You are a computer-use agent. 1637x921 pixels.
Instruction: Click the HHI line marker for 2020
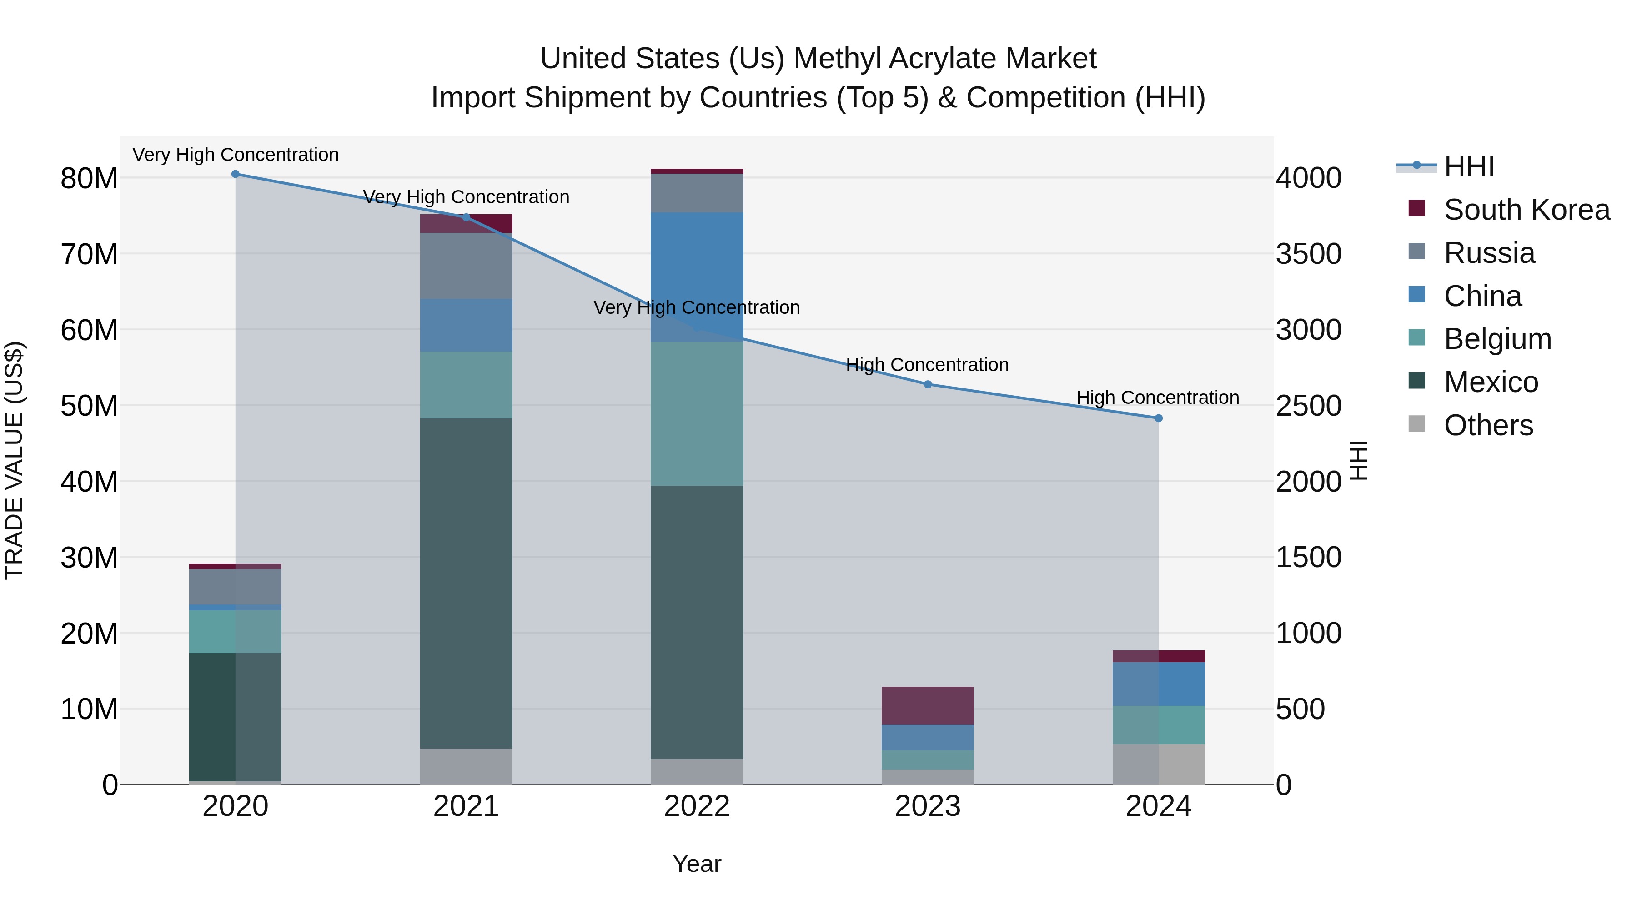click(x=235, y=174)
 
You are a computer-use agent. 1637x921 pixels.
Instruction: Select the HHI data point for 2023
click(x=927, y=384)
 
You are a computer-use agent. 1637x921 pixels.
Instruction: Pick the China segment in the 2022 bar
click(x=697, y=277)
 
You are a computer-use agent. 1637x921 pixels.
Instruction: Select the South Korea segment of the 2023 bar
click(x=927, y=705)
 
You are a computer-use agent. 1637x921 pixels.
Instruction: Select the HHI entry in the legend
click(x=1469, y=166)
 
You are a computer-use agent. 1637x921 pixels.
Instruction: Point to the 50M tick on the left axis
click(x=89, y=406)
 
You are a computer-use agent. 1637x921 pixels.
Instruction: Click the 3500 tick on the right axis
click(x=1308, y=254)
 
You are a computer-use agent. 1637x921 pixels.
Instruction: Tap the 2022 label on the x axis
click(x=697, y=806)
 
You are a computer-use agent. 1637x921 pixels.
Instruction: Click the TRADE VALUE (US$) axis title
click(x=14, y=460)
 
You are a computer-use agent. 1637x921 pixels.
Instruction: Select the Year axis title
click(x=697, y=864)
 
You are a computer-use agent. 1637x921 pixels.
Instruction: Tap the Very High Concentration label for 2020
click(x=235, y=155)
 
